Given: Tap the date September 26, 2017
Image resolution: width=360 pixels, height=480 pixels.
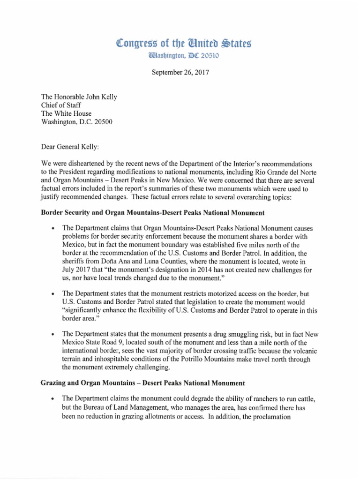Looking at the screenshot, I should click(180, 73).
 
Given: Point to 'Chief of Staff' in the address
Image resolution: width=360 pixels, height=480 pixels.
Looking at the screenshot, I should click(61, 105).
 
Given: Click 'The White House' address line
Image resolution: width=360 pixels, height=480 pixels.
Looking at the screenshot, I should click(67, 114).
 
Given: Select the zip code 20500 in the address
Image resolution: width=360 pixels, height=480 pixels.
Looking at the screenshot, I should click(103, 122).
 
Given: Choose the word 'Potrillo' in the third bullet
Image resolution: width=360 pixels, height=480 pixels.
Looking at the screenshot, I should click(215, 360).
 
